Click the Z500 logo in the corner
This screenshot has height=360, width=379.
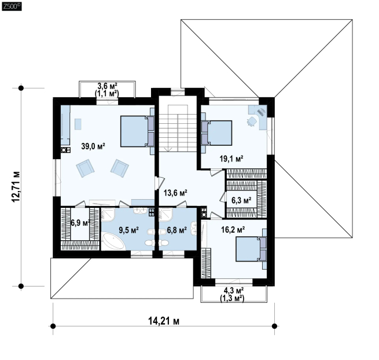12,6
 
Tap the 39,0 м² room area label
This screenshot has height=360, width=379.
93,146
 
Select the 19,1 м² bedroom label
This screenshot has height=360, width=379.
231,159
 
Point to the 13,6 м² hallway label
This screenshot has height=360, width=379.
175,193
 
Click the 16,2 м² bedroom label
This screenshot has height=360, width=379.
233,230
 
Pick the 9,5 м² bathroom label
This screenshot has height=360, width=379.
128,230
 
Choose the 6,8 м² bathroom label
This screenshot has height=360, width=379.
176,230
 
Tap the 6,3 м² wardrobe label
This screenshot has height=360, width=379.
241,200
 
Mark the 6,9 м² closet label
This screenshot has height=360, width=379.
80,223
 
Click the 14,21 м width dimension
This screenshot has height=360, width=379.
164,321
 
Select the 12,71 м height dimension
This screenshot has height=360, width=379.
16,186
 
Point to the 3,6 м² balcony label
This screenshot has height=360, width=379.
107,86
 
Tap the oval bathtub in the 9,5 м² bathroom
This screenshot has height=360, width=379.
113,241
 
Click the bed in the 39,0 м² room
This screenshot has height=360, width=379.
137,131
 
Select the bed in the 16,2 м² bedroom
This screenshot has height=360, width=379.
251,249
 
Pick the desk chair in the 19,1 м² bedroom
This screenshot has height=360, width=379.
252,122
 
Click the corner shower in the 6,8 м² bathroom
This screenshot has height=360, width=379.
165,215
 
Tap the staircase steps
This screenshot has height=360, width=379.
177,128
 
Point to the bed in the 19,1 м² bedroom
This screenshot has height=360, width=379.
216,133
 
